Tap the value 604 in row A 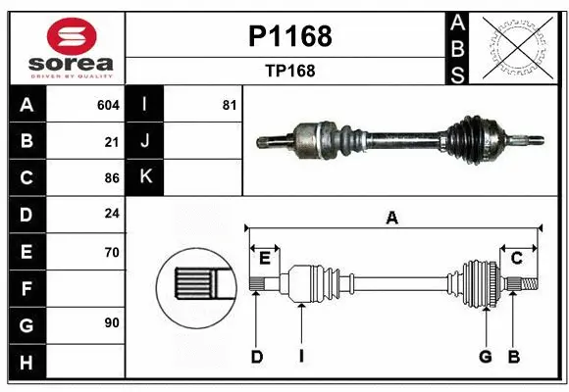click(x=108, y=105)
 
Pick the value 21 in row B click(x=112, y=141)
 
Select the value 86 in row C click(x=112, y=178)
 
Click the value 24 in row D click(x=112, y=215)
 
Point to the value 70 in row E click(x=112, y=252)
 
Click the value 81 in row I click(x=230, y=105)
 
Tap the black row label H click(x=26, y=362)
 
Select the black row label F click(x=26, y=288)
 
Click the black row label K click(x=145, y=177)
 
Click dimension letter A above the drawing click(x=392, y=219)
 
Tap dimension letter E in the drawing click(x=265, y=258)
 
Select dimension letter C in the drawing click(x=515, y=258)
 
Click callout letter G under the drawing click(x=485, y=357)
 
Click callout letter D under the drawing click(x=256, y=357)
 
